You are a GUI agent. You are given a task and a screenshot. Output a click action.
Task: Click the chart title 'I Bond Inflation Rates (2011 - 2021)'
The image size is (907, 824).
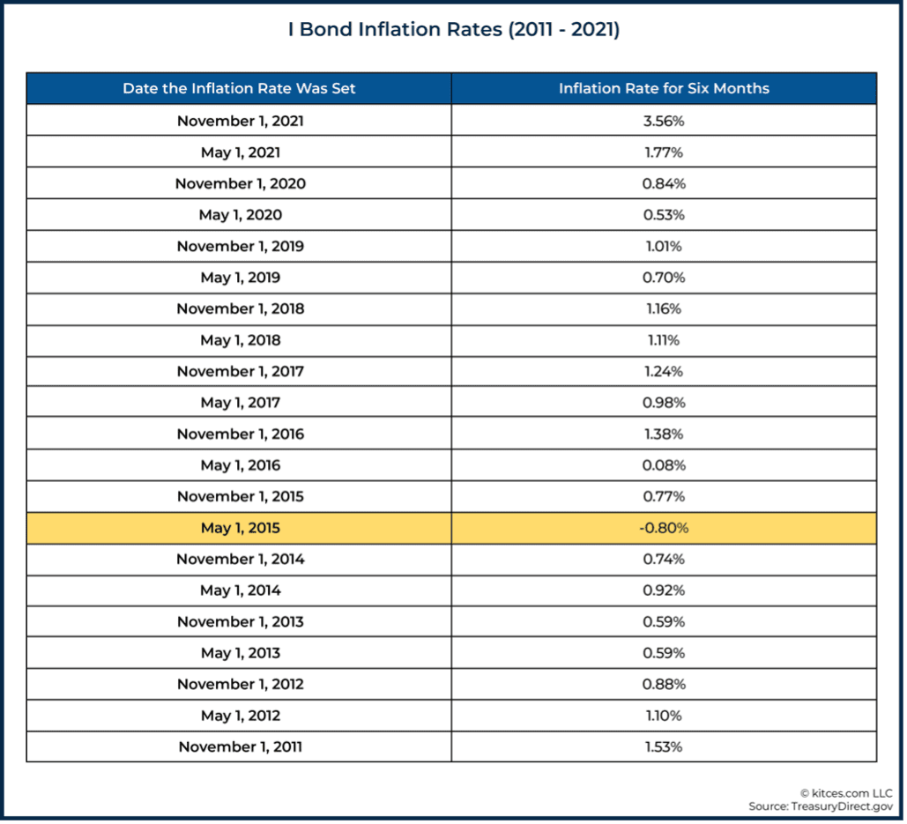coord(453,30)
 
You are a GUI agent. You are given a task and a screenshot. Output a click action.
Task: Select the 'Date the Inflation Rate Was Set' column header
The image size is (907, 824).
coord(239,88)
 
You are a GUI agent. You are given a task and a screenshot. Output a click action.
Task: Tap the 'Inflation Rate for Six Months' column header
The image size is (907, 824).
coord(664,88)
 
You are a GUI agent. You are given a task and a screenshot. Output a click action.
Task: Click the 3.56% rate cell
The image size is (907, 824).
coord(664,121)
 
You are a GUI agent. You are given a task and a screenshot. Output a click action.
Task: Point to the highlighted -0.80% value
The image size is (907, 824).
coord(664,528)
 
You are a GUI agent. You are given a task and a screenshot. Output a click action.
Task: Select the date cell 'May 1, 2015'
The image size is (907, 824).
coord(240,528)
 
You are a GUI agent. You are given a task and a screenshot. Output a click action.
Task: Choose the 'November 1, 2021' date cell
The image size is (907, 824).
coord(240,121)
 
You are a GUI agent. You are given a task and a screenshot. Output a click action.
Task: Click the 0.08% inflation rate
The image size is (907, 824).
coord(664,465)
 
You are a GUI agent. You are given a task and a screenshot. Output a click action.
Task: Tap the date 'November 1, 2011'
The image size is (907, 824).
coord(240,746)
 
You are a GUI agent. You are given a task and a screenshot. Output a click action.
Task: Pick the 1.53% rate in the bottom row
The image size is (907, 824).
coord(664,746)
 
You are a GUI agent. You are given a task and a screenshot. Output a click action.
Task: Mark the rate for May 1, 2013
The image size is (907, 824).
coord(664,653)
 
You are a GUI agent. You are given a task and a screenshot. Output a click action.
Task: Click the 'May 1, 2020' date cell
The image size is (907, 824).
coord(240,215)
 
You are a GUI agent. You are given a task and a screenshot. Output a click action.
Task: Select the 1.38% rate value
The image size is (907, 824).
coord(664,434)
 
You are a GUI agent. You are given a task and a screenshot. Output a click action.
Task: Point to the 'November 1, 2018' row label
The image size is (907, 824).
coord(240,308)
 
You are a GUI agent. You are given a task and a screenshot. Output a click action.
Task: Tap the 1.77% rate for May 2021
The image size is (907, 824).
coord(664,152)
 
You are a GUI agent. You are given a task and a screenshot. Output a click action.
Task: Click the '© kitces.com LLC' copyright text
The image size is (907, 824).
coord(845,793)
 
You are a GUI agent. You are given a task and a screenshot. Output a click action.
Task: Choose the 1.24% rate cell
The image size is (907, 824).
coord(664,371)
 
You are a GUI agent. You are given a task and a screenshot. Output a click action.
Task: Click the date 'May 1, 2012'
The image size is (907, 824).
coord(240,716)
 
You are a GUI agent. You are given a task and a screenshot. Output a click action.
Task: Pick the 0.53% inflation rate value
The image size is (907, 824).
coord(664,215)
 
